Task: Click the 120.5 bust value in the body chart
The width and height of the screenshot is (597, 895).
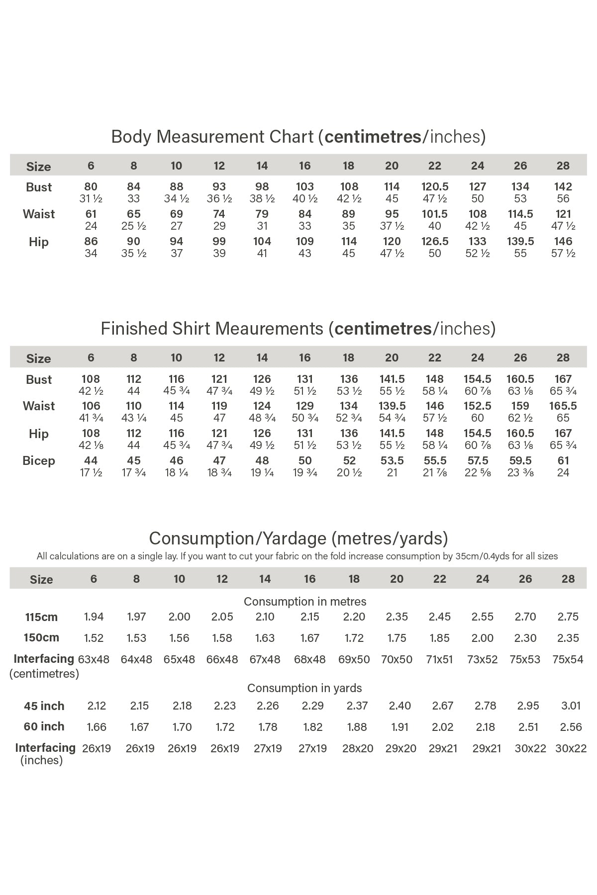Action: (x=435, y=187)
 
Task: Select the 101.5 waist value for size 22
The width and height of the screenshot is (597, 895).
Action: (x=435, y=214)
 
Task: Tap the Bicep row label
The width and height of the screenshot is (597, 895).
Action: (x=39, y=461)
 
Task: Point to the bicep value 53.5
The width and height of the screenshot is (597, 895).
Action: (x=392, y=461)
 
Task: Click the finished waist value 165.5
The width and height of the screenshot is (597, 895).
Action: (x=563, y=406)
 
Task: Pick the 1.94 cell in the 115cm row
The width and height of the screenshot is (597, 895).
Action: (x=94, y=617)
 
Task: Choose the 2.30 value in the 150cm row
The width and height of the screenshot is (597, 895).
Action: (x=525, y=638)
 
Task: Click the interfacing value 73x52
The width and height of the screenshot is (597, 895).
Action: (x=483, y=660)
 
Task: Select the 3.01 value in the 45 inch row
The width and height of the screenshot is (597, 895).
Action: (x=571, y=706)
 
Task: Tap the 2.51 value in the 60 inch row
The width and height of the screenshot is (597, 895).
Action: (x=528, y=727)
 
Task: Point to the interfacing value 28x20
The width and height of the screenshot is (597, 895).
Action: (x=358, y=749)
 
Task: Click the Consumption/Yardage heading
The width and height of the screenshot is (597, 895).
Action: (x=298, y=538)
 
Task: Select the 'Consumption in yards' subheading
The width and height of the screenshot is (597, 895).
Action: (x=304, y=688)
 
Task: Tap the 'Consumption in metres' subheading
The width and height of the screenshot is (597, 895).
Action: (x=305, y=602)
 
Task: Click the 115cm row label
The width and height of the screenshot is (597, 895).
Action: (x=41, y=618)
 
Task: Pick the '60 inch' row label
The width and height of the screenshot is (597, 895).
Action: (x=44, y=727)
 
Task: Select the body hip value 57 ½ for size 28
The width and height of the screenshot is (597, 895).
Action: (x=563, y=254)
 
